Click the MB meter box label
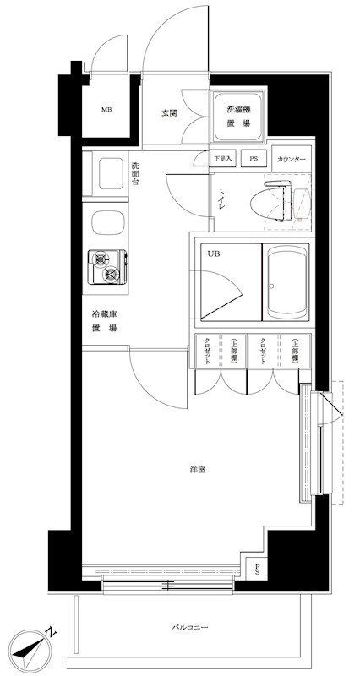106,110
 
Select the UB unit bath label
208,253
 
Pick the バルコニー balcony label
189,627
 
